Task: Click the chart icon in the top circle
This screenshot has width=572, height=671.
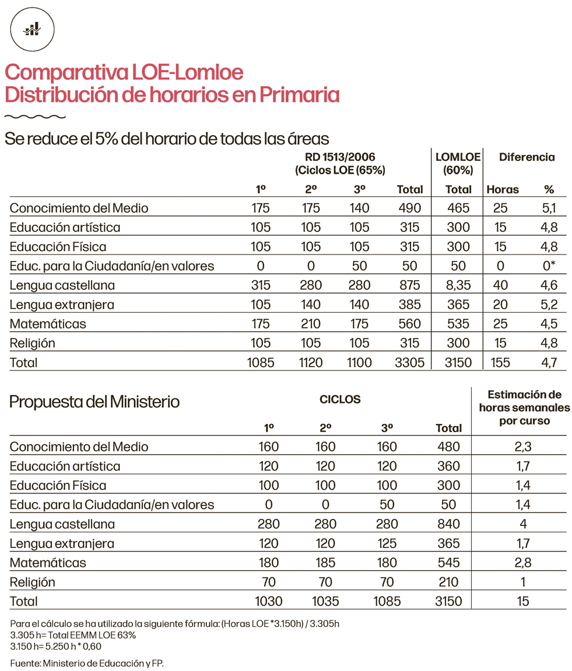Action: coord(32,30)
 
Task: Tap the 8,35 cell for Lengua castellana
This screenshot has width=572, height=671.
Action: coord(458,285)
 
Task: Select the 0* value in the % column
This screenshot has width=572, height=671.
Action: coord(548,266)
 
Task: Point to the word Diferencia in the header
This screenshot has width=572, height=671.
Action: coord(527,157)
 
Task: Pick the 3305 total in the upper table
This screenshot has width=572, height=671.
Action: coord(409,362)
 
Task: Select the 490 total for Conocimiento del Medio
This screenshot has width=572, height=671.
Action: coord(409,208)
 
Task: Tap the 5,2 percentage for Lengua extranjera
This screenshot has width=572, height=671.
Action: coord(548,305)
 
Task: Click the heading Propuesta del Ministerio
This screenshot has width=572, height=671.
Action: coord(94,402)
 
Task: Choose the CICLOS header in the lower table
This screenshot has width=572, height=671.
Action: coord(340,400)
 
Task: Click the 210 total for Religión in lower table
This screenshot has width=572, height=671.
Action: coord(448,582)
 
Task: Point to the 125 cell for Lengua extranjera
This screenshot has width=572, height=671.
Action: coord(387,543)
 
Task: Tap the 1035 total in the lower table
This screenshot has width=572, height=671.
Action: coord(325,601)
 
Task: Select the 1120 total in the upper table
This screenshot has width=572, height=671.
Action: coord(310,362)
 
